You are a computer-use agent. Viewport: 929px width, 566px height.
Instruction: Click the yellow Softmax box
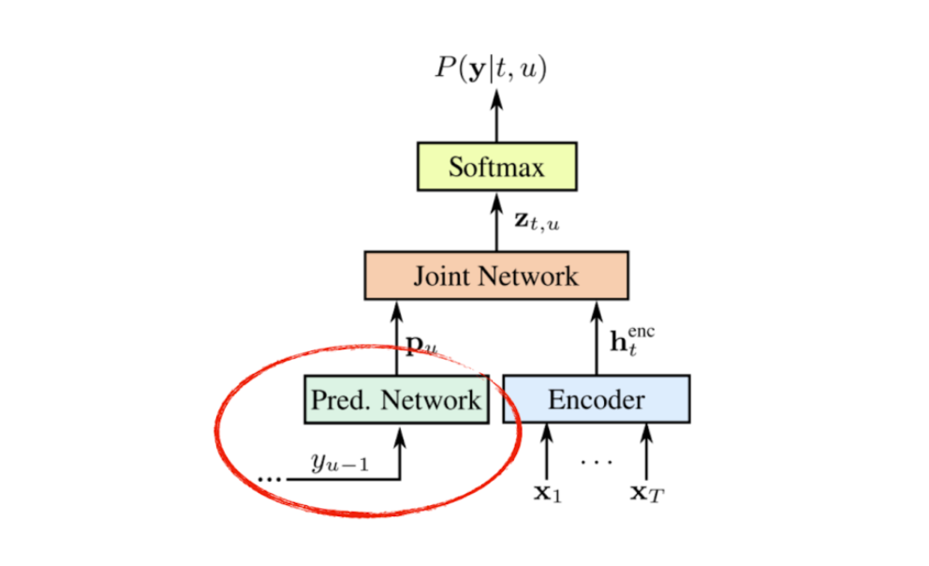(x=496, y=169)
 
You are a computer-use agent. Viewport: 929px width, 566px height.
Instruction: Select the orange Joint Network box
(x=496, y=276)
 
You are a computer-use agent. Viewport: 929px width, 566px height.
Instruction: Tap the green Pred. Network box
(x=396, y=400)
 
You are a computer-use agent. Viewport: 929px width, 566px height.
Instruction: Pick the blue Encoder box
(x=597, y=400)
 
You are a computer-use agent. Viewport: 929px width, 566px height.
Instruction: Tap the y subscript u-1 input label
(x=339, y=461)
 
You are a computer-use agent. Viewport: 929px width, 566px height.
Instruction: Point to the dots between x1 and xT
(x=596, y=461)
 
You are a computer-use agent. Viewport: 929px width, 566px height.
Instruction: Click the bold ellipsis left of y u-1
(x=269, y=478)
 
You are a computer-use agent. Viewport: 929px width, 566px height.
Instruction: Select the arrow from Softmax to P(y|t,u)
(x=496, y=118)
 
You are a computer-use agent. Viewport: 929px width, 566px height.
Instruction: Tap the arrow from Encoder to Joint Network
(x=597, y=337)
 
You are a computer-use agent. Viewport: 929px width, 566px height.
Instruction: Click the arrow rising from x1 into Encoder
(x=547, y=450)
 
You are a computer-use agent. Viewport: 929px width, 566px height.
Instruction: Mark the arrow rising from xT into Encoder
(x=647, y=450)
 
